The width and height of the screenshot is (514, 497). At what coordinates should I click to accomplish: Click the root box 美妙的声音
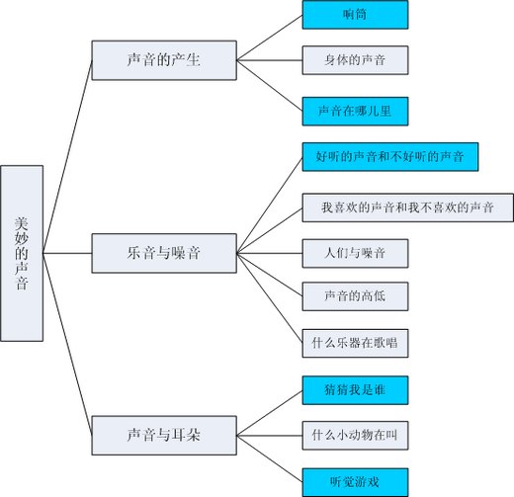click(x=22, y=253)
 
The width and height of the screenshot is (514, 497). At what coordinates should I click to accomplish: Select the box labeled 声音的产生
click(x=164, y=60)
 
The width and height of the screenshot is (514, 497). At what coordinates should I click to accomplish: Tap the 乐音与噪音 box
click(x=164, y=253)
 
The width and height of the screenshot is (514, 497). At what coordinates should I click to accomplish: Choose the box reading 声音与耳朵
click(x=164, y=436)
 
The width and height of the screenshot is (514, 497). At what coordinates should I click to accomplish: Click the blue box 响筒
click(x=355, y=15)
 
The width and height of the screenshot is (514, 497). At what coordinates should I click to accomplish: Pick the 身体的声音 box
click(x=355, y=60)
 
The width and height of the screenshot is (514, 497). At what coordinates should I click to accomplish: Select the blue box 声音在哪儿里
click(x=355, y=112)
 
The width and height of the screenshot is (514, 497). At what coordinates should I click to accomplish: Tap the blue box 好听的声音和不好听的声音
click(x=390, y=157)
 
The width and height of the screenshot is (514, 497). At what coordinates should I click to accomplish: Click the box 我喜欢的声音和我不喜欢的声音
click(x=408, y=207)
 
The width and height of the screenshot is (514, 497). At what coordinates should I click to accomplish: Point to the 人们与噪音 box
click(x=355, y=253)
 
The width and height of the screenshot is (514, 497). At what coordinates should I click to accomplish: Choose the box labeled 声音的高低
click(x=355, y=296)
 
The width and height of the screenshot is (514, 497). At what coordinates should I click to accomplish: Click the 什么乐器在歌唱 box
click(x=355, y=343)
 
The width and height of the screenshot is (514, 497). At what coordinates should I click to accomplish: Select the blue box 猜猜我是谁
click(x=355, y=390)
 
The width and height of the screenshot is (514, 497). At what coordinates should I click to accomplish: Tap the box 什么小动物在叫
click(x=355, y=436)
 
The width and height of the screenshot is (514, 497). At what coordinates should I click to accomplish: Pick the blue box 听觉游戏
click(x=355, y=482)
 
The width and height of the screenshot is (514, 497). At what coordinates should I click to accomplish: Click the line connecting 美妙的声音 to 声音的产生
click(x=67, y=157)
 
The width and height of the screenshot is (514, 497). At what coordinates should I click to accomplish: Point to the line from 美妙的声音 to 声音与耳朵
click(x=67, y=344)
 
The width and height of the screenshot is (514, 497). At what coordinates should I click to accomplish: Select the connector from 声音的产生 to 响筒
click(x=270, y=38)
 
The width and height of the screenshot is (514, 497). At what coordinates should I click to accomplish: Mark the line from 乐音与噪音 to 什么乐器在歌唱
click(x=270, y=298)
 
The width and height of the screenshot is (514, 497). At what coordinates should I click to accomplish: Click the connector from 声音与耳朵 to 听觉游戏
click(x=270, y=458)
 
